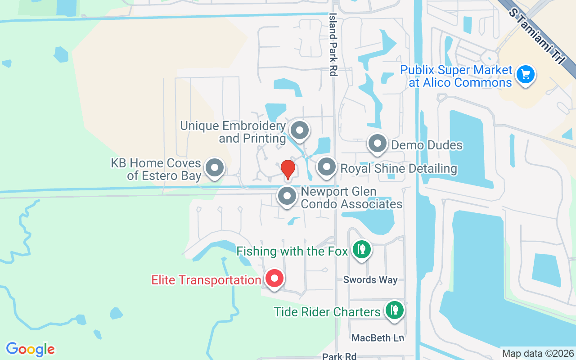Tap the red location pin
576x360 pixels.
coord(288,170)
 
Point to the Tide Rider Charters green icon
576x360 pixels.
coord(394,310)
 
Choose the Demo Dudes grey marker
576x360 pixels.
coord(378,144)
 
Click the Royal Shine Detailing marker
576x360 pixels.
coord(327,167)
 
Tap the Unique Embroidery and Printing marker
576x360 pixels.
coord(300,131)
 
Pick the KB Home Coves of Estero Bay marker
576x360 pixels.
coord(215,168)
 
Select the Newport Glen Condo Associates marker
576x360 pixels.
coord(287,196)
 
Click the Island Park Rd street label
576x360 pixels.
coord(333,44)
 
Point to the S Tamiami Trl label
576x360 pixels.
coord(536,35)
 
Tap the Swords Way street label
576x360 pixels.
coord(370,279)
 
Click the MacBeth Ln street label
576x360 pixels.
coord(378,337)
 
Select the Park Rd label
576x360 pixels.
coord(339,356)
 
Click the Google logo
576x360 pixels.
coord(31,349)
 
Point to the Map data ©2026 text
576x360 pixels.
coord(538,353)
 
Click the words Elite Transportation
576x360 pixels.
coord(206,280)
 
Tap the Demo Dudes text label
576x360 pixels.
coord(427,145)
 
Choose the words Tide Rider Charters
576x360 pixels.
coord(327,312)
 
